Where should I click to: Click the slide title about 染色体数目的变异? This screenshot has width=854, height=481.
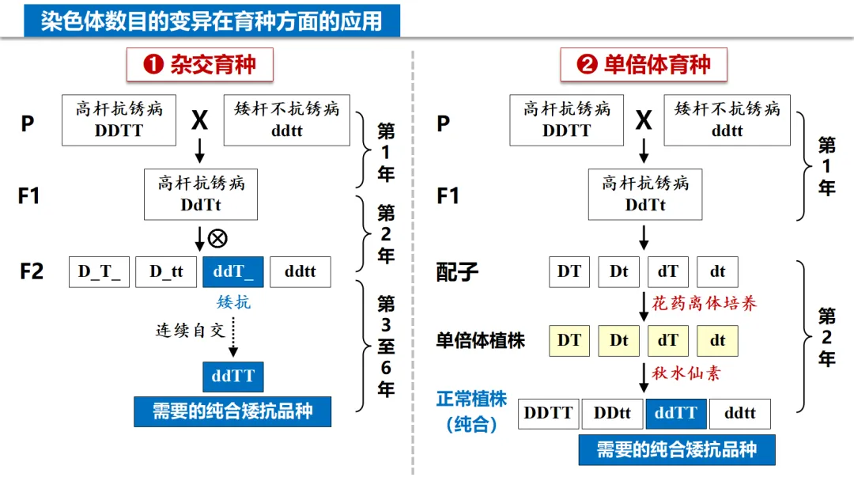click(211, 20)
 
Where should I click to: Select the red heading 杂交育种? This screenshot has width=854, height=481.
click(199, 64)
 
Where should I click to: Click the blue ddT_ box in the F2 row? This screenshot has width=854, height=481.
click(232, 271)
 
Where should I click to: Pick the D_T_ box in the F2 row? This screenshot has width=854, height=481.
click(100, 271)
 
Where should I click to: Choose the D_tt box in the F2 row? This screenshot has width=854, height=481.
click(166, 271)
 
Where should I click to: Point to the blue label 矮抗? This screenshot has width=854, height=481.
click(233, 301)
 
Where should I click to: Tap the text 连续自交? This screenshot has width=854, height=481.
click(191, 331)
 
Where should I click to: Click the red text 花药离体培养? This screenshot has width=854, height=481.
click(704, 303)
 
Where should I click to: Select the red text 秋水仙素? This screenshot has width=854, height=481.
click(686, 373)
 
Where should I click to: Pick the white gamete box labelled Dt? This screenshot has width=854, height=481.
click(618, 271)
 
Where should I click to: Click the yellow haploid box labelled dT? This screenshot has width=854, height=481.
click(668, 340)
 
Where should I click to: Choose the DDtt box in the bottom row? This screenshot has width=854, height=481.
click(612, 413)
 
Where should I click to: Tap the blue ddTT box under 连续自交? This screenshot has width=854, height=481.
click(232, 377)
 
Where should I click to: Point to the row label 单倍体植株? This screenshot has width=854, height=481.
click(480, 341)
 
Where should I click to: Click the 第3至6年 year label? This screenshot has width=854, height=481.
click(385, 346)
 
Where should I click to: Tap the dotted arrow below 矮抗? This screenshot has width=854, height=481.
click(233, 336)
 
